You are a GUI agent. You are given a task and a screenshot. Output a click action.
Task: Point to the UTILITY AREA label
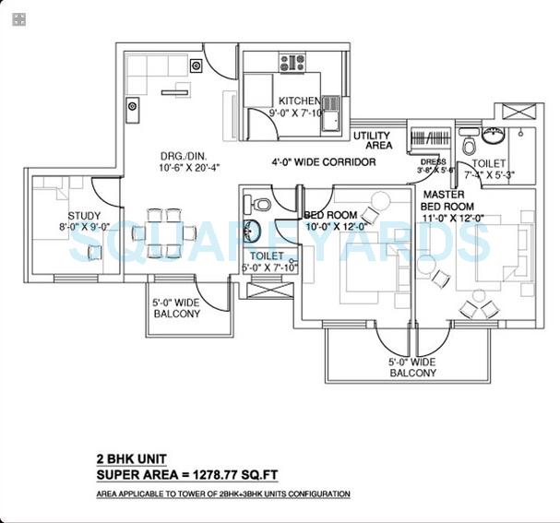pos(373,140)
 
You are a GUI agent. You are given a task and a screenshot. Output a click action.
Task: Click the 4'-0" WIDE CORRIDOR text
pos(323,162)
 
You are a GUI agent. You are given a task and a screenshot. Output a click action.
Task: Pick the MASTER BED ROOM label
pos(448,200)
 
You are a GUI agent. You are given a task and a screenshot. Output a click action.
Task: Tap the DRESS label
pos(431,161)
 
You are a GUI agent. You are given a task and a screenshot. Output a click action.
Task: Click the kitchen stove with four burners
pos(292,64)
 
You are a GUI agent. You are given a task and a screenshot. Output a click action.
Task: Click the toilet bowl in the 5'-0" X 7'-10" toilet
pos(263,203)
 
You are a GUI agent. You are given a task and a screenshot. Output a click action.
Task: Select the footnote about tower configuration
pos(222,494)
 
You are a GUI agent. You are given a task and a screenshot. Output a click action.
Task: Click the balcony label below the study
pos(175,308)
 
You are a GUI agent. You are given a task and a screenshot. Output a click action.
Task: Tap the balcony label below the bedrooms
pos(412,367)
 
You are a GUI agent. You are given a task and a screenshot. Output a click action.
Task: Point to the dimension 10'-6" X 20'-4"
pos(171,169)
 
